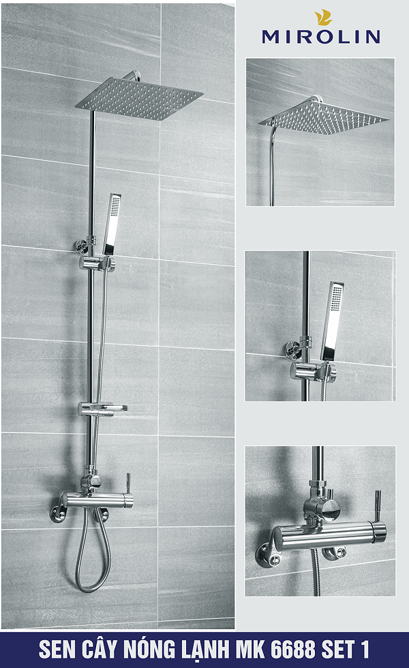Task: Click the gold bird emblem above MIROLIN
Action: click(323, 18)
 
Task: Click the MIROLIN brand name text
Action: click(320, 37)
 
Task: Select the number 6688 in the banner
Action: click(293, 650)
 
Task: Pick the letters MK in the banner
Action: click(252, 650)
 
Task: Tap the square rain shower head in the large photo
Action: click(140, 99)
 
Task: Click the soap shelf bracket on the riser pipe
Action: click(102, 409)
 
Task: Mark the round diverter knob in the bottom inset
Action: click(331, 511)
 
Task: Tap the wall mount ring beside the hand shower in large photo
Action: click(82, 246)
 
